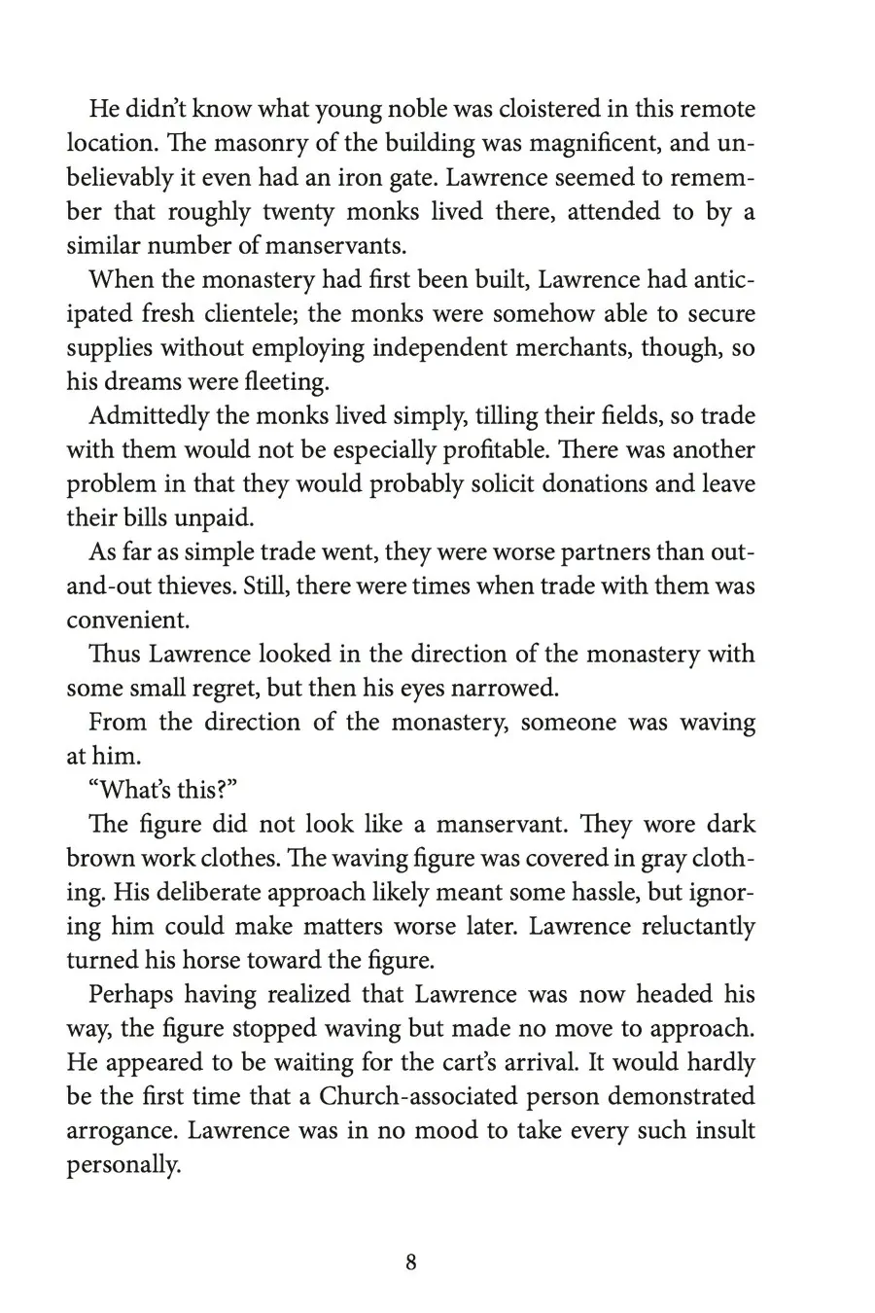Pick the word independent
coord(460,348)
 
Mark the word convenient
coord(127,621)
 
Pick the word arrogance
coord(122,1131)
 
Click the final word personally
coord(123,1165)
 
